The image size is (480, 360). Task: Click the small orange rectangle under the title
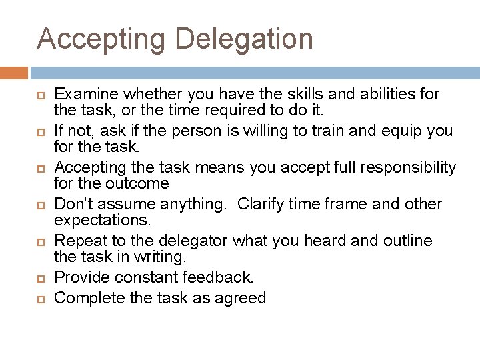[x=14, y=73]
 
